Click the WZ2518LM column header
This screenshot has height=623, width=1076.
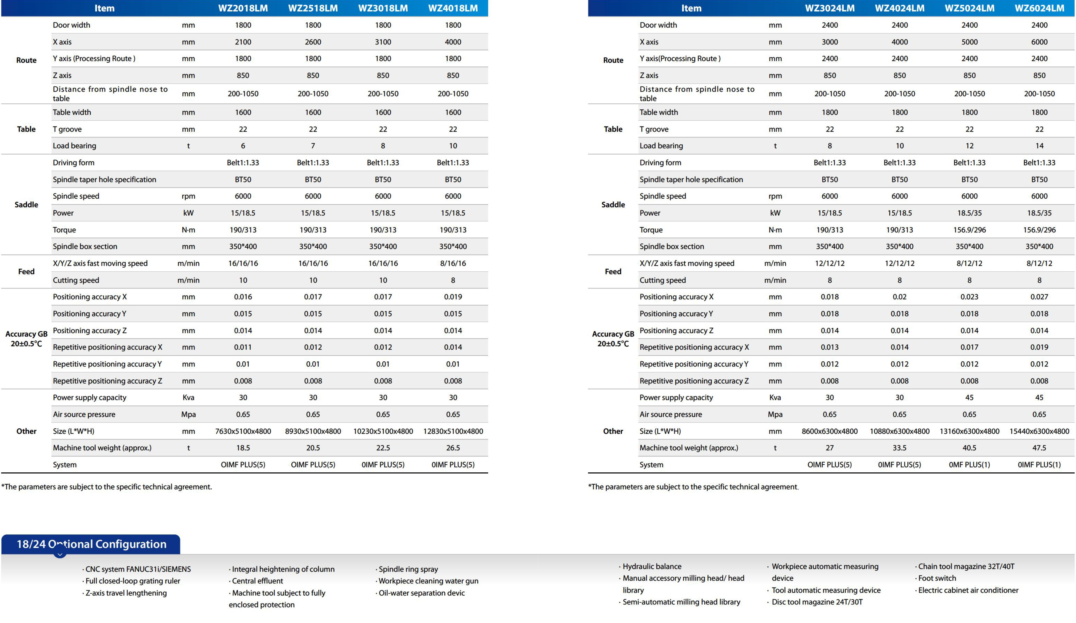(313, 8)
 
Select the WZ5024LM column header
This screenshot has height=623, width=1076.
(969, 8)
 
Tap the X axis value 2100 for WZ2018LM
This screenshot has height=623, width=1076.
(243, 42)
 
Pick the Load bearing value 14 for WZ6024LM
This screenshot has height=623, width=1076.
(1039, 146)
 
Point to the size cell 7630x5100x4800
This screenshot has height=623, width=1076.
(243, 431)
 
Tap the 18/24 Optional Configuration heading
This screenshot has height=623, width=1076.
(91, 544)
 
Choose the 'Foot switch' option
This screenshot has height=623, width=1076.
(937, 578)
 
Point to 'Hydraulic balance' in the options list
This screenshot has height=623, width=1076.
(651, 566)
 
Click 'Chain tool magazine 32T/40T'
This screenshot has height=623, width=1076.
(966, 566)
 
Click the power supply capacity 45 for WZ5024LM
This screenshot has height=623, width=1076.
(969, 397)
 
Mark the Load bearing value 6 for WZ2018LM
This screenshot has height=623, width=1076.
(243, 146)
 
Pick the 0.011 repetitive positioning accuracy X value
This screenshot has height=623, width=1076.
(243, 347)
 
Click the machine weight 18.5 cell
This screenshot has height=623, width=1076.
(243, 448)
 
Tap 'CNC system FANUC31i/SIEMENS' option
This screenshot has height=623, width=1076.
(138, 569)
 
